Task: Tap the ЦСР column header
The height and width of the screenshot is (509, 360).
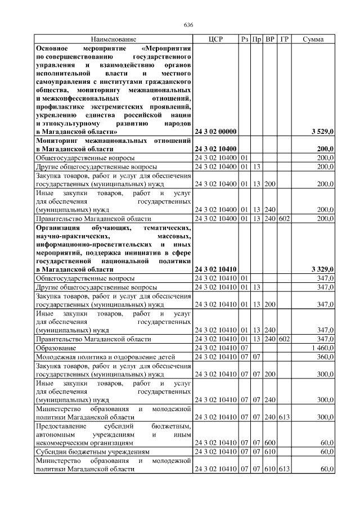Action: click(x=215, y=39)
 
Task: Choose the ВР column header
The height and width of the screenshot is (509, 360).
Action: click(x=270, y=39)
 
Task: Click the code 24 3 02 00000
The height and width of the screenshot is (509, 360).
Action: click(x=215, y=132)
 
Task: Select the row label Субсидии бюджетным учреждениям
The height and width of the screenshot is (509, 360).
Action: click(x=93, y=451)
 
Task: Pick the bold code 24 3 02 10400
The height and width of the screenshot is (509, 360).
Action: click(x=215, y=148)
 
